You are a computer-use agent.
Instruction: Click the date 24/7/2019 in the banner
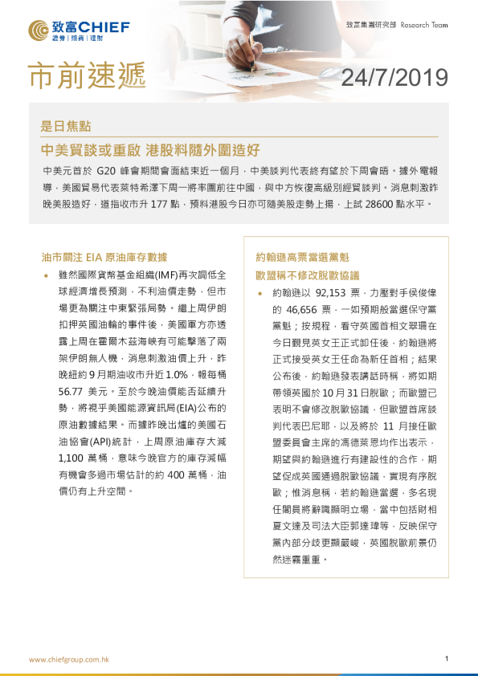click(x=394, y=77)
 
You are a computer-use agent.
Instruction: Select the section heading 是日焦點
click(x=65, y=126)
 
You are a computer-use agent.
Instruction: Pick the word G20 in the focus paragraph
click(x=107, y=172)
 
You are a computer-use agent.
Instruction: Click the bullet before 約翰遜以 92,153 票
click(x=260, y=295)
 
